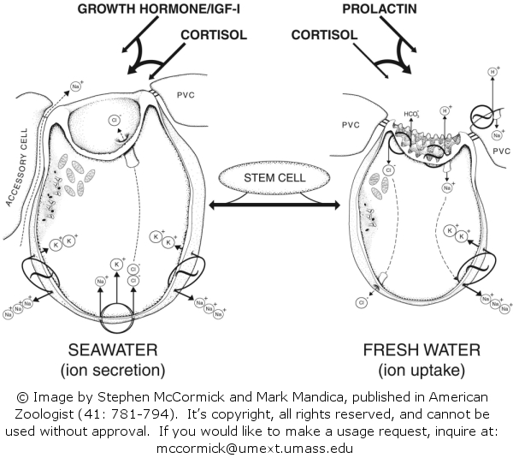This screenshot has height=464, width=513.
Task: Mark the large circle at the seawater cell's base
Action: pos(117,324)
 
